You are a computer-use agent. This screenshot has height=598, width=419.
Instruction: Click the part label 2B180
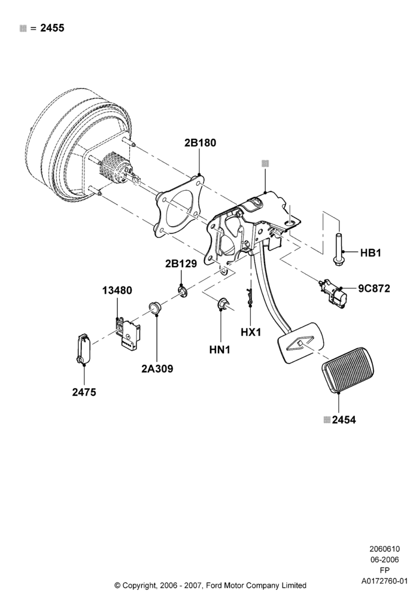tap(200, 143)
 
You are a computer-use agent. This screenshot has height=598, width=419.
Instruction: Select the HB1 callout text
tap(371, 253)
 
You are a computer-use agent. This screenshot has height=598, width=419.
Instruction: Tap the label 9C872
tap(374, 289)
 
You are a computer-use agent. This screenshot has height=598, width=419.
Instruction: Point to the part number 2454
tap(344, 420)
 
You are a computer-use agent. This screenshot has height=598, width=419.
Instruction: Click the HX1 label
tap(251, 332)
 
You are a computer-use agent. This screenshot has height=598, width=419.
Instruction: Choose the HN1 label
tap(220, 349)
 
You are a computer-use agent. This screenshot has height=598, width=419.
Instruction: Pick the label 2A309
tap(157, 369)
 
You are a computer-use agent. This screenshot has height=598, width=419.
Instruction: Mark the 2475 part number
tap(84, 392)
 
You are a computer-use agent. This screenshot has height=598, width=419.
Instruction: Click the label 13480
tap(117, 291)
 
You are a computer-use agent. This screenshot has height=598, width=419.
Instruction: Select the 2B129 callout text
tap(181, 264)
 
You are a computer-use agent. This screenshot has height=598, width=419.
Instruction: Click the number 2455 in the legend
tap(52, 28)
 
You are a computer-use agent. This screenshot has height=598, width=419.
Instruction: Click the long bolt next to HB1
tap(338, 249)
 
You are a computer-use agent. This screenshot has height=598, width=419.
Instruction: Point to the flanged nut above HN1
tap(223, 304)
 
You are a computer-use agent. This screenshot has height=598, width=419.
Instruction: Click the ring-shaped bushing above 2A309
tap(155, 308)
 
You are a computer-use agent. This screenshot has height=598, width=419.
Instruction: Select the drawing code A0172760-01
tap(384, 581)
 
